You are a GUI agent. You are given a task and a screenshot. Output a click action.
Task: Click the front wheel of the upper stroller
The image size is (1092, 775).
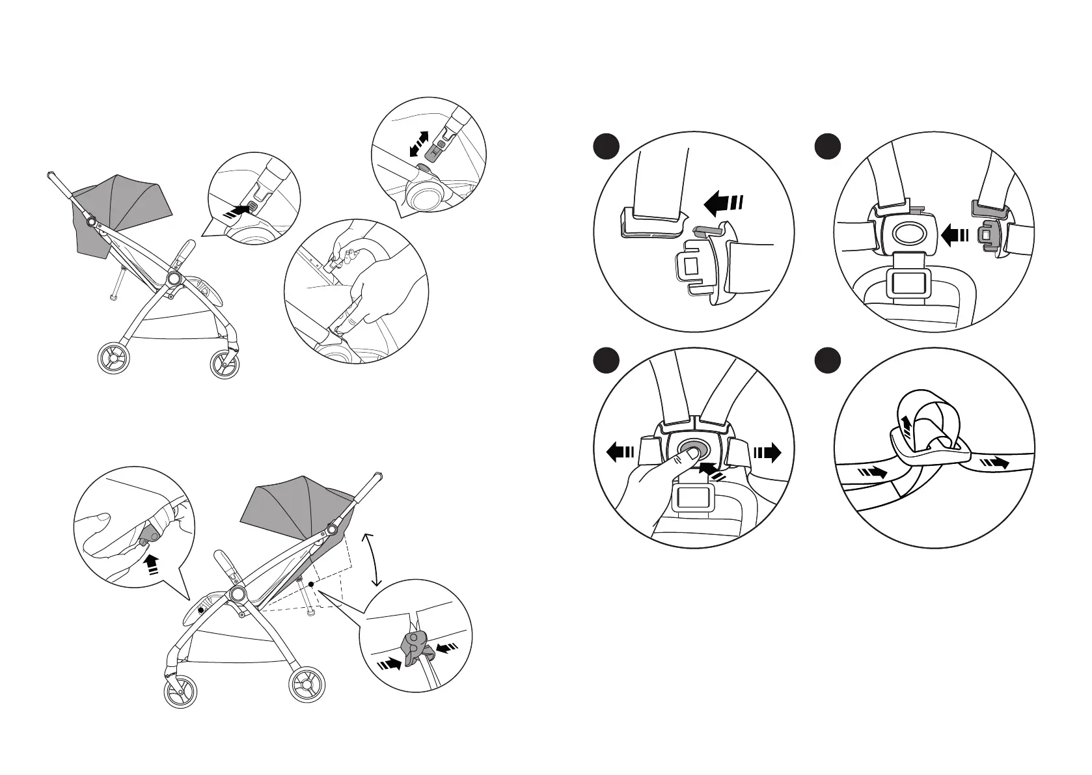pos(225,364)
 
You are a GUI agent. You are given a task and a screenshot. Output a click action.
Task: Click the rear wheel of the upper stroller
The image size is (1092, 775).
pos(115,360)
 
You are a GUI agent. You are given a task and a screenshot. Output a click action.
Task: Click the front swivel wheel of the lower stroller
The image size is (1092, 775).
pos(180,692)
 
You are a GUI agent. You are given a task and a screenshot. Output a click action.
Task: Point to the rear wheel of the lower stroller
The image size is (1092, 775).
pos(307,685)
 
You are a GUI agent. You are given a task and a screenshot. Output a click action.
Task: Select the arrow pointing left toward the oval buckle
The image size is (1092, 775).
pos(956,236)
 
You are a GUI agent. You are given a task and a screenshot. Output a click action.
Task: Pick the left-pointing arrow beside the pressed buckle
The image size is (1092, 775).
pos(620,452)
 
